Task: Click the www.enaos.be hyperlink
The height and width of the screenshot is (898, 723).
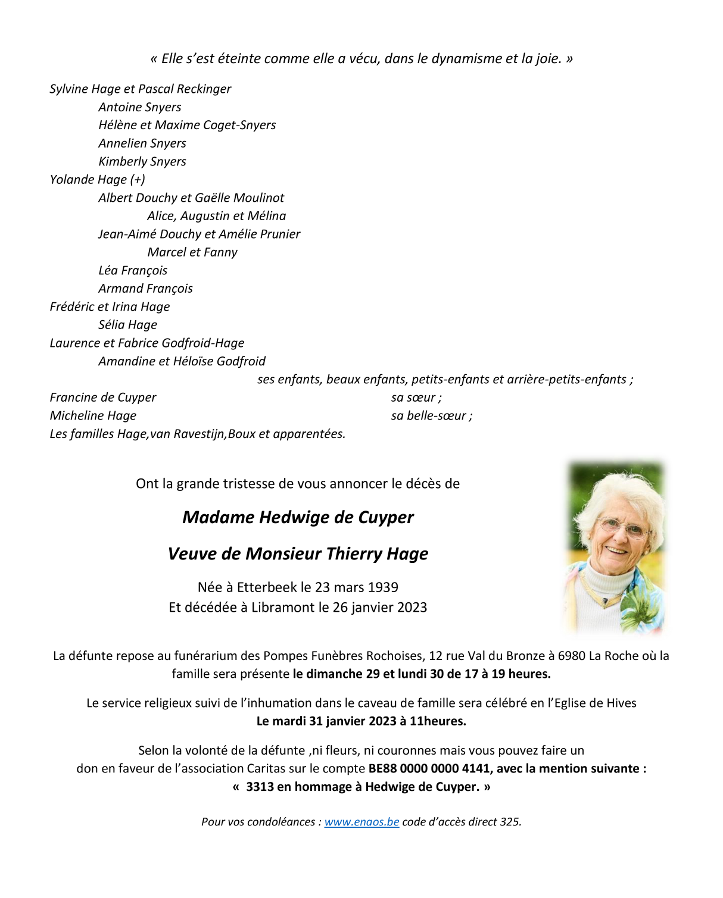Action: click(x=361, y=822)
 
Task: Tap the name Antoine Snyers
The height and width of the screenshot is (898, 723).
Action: click(x=140, y=107)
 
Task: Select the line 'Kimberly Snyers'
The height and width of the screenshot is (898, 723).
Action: click(x=142, y=161)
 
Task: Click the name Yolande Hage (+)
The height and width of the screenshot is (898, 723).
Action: click(x=97, y=180)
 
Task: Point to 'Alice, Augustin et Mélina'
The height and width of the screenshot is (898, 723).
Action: click(x=217, y=216)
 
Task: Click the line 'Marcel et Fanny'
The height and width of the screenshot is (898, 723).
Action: click(x=192, y=252)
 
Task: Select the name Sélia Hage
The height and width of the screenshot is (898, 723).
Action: click(x=128, y=325)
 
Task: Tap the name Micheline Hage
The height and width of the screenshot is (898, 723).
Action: click(x=93, y=415)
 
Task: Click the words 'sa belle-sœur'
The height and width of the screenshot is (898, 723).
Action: click(x=429, y=415)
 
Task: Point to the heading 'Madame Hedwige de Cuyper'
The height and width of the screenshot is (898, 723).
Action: click(x=298, y=517)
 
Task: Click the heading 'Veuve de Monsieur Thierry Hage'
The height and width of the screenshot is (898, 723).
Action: click(x=298, y=553)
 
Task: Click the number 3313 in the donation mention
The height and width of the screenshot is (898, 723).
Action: click(x=260, y=787)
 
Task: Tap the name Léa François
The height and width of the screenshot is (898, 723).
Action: click(x=133, y=271)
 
